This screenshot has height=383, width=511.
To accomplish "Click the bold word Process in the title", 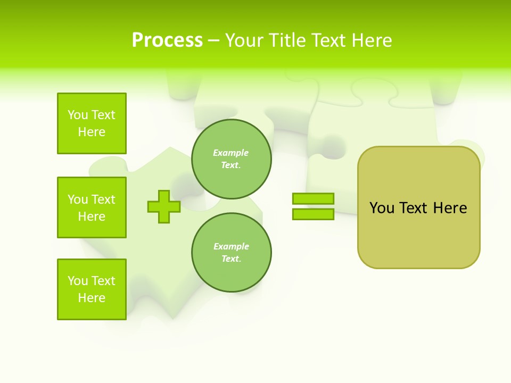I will click(167, 40).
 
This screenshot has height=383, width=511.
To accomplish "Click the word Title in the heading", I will click(287, 40).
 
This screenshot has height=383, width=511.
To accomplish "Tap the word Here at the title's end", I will click(371, 40).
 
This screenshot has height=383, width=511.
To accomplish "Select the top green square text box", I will click(92, 123).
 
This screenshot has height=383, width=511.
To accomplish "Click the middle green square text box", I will click(92, 207).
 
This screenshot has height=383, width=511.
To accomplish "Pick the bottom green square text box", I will click(92, 289).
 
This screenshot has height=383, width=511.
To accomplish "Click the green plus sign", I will click(163, 206).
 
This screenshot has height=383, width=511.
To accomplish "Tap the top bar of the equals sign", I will click(313, 198).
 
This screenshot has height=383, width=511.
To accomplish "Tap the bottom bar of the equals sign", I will click(313, 214).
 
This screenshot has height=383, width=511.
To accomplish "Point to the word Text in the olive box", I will click(414, 208).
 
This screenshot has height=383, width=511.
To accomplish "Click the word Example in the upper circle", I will click(231, 153).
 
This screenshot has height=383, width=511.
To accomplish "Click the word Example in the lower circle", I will click(231, 246).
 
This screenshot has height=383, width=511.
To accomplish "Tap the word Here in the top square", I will click(92, 132).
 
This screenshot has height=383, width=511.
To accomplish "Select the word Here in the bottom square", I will click(92, 298).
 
